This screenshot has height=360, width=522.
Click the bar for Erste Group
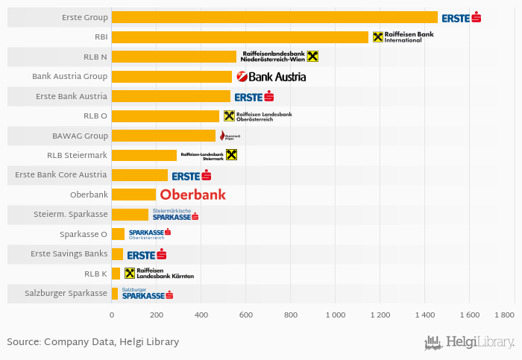click(274, 17)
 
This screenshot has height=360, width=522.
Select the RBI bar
click(239, 37)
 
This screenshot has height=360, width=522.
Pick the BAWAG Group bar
click(163, 136)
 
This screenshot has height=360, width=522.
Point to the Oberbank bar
click(133, 195)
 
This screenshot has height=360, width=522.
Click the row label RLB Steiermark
click(78, 155)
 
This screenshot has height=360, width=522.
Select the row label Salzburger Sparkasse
click(66, 293)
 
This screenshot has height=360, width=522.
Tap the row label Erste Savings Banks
click(69, 253)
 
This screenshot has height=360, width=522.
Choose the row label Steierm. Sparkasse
click(71, 214)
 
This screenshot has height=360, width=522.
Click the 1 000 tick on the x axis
click(336, 315)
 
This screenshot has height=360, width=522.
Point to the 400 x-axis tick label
click(201, 315)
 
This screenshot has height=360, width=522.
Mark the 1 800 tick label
click(504, 315)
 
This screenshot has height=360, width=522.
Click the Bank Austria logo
click(271, 76)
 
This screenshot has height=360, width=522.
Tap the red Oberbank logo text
click(192, 195)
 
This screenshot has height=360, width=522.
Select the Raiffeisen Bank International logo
click(403, 37)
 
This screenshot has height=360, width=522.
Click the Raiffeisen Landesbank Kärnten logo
click(159, 274)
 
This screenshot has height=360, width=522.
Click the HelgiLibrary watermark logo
click(469, 342)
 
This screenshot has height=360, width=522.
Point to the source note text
click(92, 342)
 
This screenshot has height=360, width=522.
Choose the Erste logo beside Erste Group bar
click(461, 17)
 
